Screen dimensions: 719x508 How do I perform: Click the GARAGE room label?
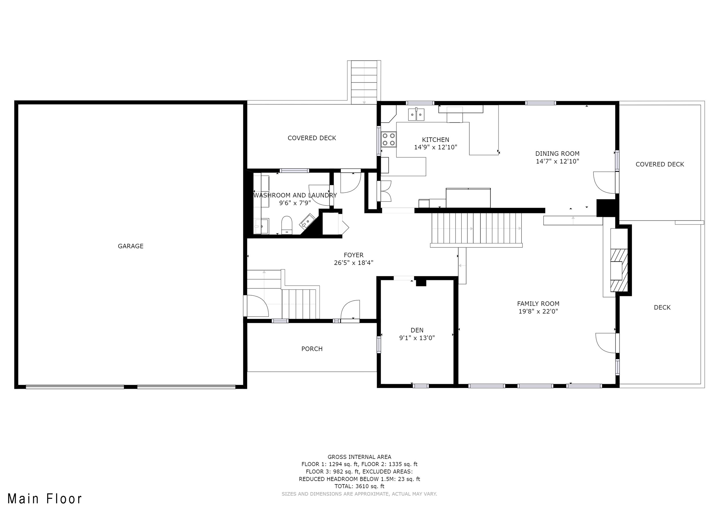(x=131, y=246)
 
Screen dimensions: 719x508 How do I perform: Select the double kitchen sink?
(x=416, y=114)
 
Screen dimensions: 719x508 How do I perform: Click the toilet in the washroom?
(x=286, y=225)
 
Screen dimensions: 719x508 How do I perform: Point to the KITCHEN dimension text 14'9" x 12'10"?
(x=436, y=147)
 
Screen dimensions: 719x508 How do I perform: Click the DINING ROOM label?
(x=557, y=154)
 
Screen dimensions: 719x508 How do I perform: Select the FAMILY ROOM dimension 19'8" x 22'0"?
(x=538, y=311)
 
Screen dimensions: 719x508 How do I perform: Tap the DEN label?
(x=417, y=330)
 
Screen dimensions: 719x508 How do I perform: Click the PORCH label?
(x=312, y=349)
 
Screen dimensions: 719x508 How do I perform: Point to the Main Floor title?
(x=45, y=499)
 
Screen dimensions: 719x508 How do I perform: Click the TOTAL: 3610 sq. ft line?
(x=359, y=486)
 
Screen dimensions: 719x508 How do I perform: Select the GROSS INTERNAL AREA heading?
(x=359, y=457)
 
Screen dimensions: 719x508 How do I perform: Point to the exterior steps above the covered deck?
(x=364, y=82)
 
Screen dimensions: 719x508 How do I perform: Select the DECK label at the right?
(x=662, y=307)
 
